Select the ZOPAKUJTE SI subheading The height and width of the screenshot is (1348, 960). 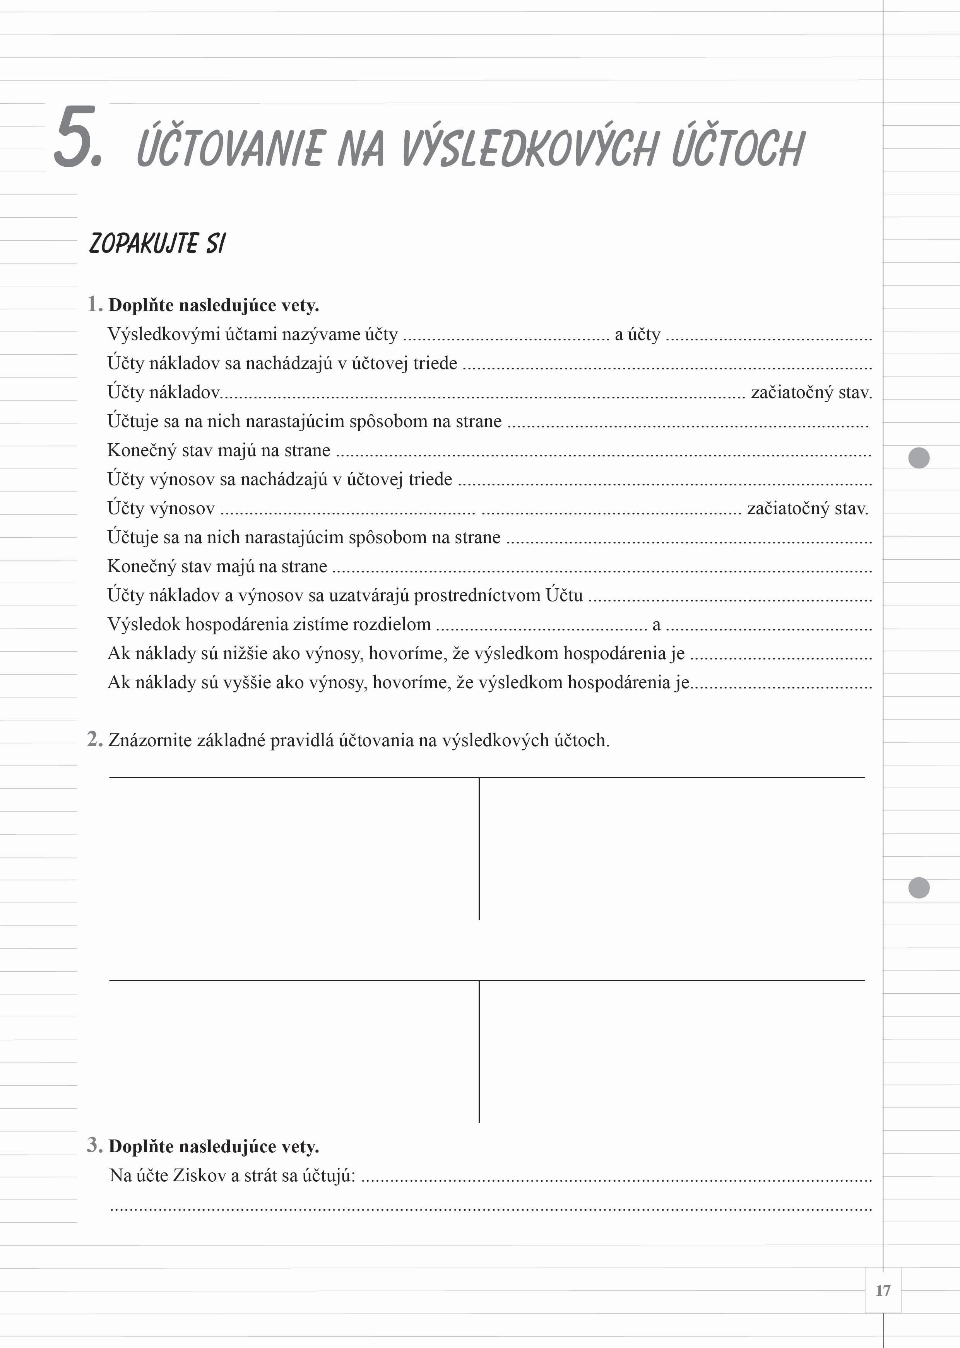[157, 243]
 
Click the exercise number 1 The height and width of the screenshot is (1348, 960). [94, 304]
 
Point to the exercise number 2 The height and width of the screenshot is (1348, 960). [94, 739]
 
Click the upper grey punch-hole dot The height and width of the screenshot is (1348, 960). [919, 458]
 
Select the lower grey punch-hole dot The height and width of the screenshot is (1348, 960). [919, 888]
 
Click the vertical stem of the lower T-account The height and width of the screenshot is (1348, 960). [479, 1052]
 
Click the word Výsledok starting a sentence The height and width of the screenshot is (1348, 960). [144, 624]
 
